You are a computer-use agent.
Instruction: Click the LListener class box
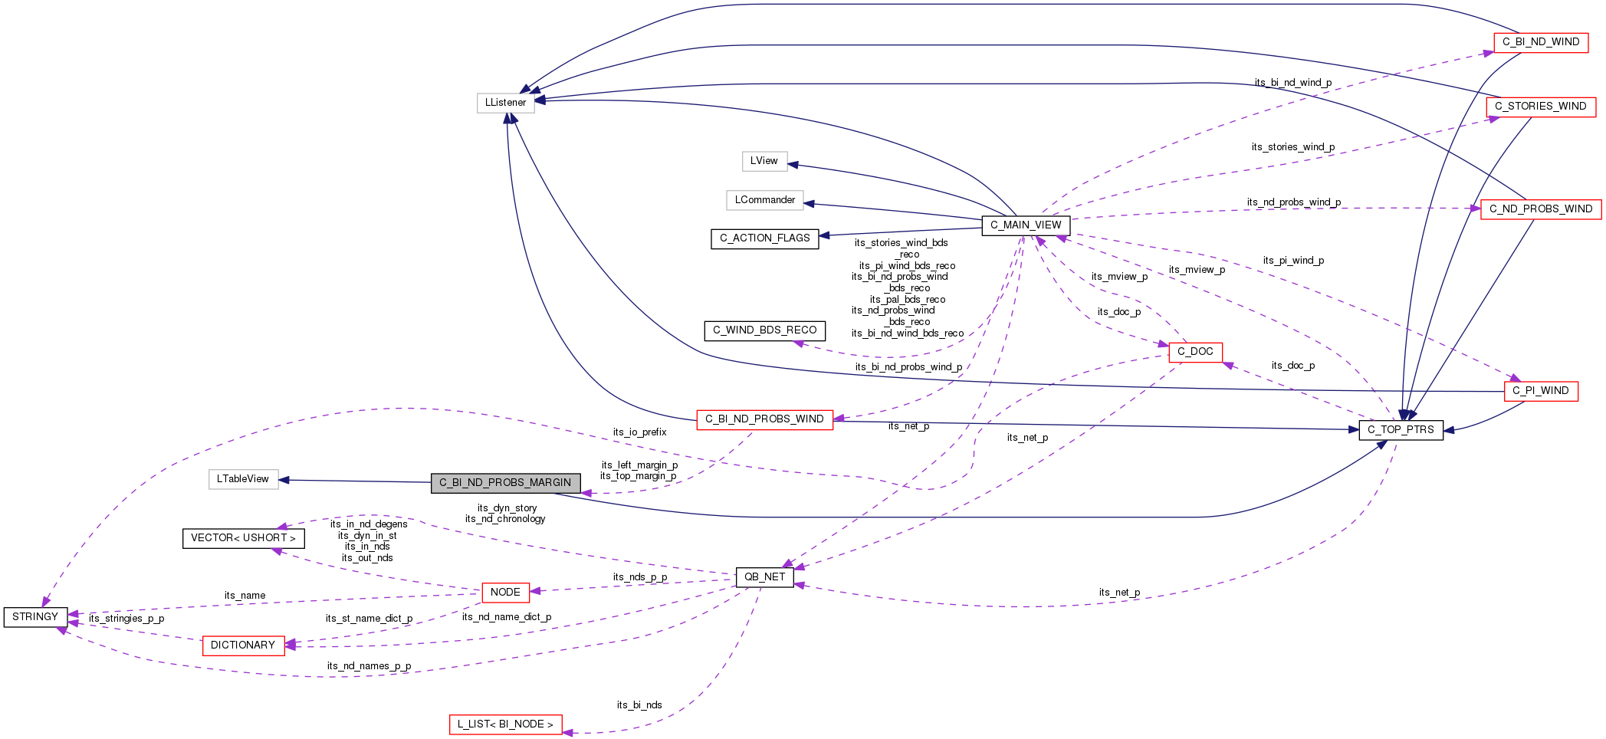[x=505, y=103]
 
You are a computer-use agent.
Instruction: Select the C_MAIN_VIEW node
[x=1025, y=225]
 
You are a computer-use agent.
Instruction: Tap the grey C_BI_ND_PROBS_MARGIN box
[x=505, y=483]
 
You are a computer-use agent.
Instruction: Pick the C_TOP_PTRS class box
[x=1400, y=430]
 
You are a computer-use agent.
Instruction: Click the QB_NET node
[x=764, y=577]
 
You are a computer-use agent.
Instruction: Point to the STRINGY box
[x=35, y=617]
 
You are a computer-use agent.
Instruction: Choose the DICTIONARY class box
[x=242, y=645]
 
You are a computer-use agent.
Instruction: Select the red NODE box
[x=505, y=593]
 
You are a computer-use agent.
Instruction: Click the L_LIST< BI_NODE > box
[x=505, y=724]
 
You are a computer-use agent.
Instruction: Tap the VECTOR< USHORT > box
[x=243, y=538]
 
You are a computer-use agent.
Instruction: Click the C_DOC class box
[x=1195, y=352]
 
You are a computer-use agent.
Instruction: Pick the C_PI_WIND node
[x=1540, y=391]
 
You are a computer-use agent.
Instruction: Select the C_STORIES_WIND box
[x=1540, y=107]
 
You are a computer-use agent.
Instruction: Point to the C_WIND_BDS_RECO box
[x=764, y=330]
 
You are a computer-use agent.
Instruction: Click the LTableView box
[x=243, y=479]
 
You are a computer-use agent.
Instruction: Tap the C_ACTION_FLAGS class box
[x=764, y=238]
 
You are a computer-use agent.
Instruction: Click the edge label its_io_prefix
[x=639, y=432]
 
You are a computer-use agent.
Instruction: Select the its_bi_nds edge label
[x=639, y=705]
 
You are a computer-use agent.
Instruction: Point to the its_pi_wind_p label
[x=1293, y=261]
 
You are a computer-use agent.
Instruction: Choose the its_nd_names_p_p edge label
[x=369, y=666]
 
